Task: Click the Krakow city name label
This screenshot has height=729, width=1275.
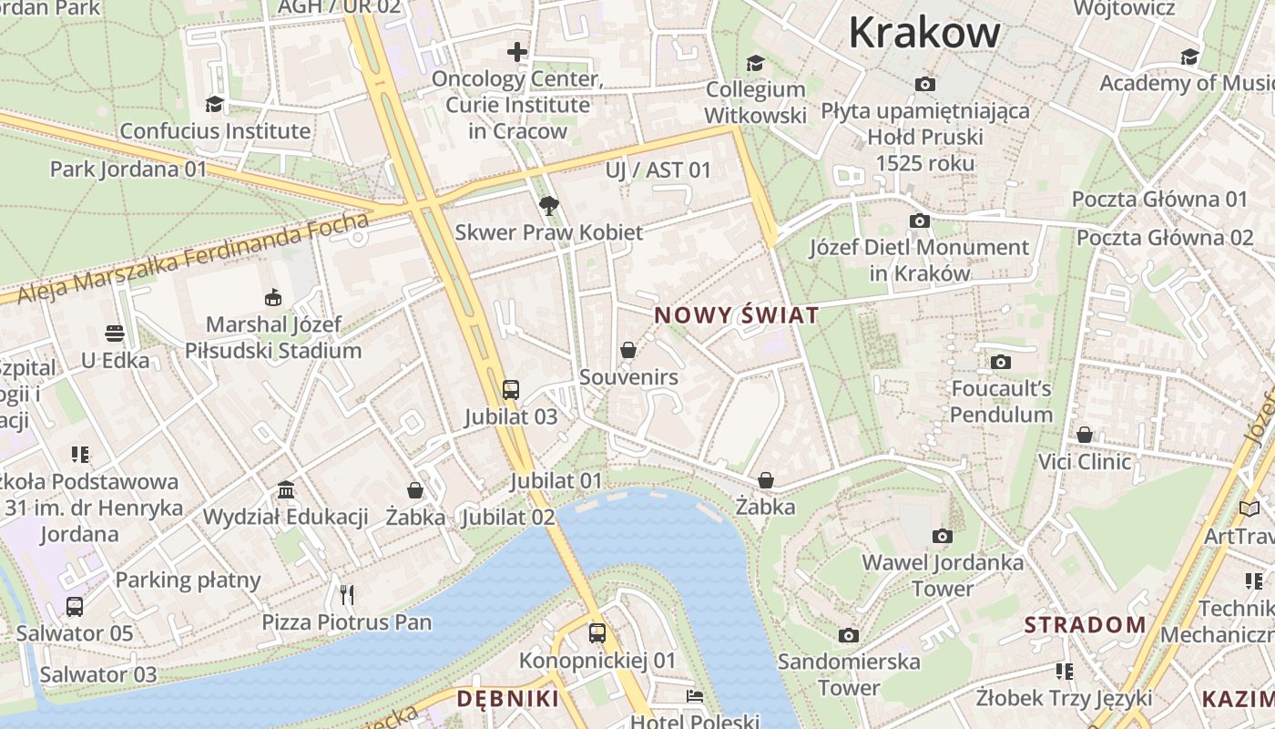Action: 924,34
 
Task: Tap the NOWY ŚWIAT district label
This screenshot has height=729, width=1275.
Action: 737,316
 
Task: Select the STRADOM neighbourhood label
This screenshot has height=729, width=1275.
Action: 1085,625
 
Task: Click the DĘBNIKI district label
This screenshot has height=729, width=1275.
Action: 507,699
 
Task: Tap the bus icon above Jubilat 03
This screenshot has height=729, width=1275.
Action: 511,390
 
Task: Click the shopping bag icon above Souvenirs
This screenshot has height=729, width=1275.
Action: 628,349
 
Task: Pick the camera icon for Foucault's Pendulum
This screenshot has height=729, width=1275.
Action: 1001,362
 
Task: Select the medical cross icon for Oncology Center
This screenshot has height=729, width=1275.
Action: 517,52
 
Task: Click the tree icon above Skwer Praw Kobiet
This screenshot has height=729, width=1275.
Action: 548,205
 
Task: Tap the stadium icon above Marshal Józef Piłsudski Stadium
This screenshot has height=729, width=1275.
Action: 272,297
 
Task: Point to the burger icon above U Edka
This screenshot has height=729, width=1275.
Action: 115,334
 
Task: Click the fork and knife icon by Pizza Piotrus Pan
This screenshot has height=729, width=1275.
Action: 346,595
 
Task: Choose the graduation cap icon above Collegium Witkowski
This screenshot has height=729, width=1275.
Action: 755,63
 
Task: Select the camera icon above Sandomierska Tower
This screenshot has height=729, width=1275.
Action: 849,635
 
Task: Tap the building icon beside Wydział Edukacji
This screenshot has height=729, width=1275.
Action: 286,490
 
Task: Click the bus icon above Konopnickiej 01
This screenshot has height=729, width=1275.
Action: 597,632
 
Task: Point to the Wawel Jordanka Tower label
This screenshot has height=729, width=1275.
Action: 943,575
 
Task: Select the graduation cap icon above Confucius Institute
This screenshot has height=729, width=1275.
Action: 215,104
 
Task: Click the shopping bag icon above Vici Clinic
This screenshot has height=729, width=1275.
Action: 1085,435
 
